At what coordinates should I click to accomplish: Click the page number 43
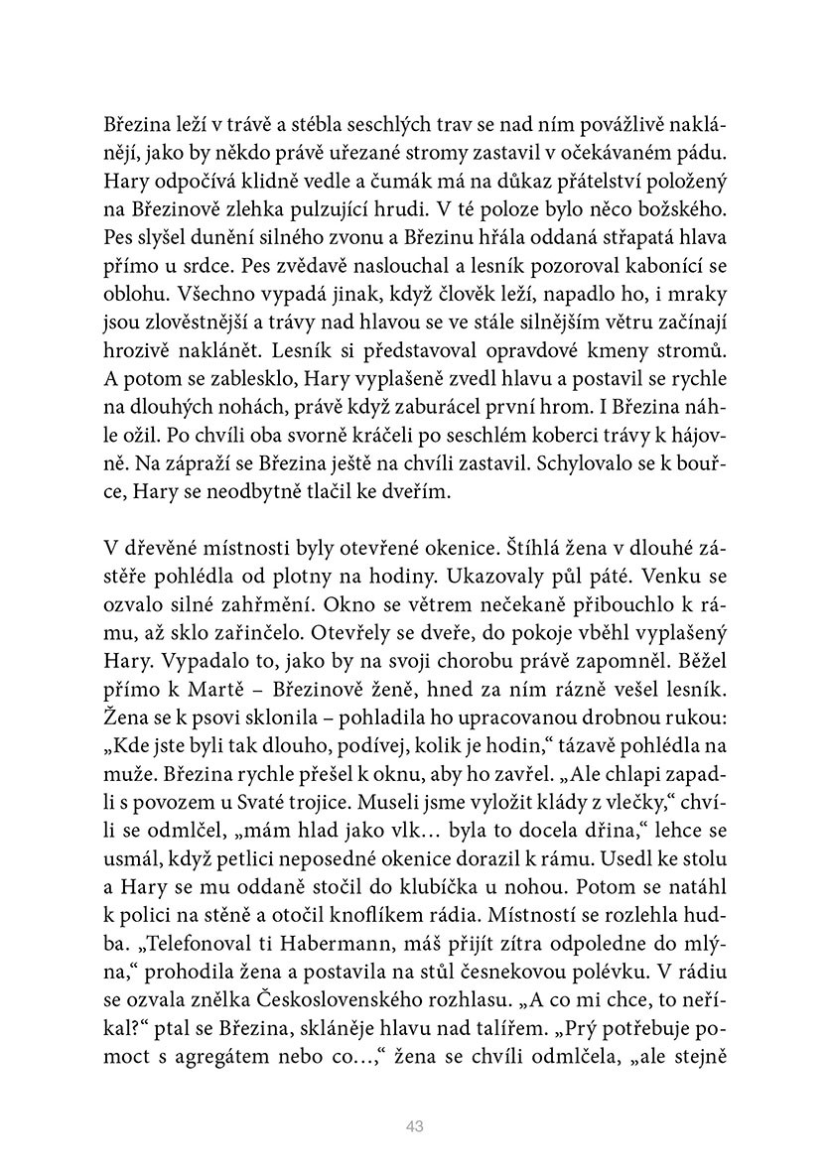[415, 1125]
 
